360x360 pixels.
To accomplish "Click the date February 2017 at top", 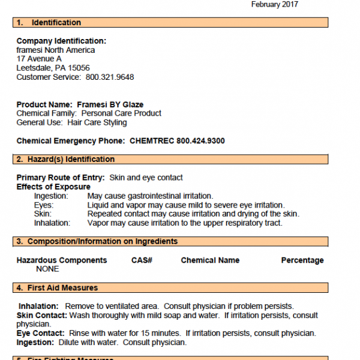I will tap(274, 5).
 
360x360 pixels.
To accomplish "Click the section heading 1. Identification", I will tap(49, 23).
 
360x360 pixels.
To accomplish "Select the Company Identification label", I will tap(61, 41).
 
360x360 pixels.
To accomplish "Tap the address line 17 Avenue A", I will tap(39, 59).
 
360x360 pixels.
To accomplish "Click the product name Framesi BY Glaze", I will tap(110, 104).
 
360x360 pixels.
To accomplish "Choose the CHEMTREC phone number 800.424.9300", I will tap(200, 140).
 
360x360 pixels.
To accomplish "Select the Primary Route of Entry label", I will tap(60, 178).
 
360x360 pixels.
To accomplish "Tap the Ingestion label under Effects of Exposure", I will tap(51, 196).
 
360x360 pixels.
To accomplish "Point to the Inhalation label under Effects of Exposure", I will tap(52, 223).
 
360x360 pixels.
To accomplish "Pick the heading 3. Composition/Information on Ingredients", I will tap(97, 241).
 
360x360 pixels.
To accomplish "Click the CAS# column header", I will tap(142, 260).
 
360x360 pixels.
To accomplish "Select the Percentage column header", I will tap(302, 260).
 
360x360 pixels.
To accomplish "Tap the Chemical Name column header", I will tap(210, 260).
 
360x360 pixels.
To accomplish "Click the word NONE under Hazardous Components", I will tap(47, 269).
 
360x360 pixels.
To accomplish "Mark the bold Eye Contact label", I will tap(40, 334).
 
